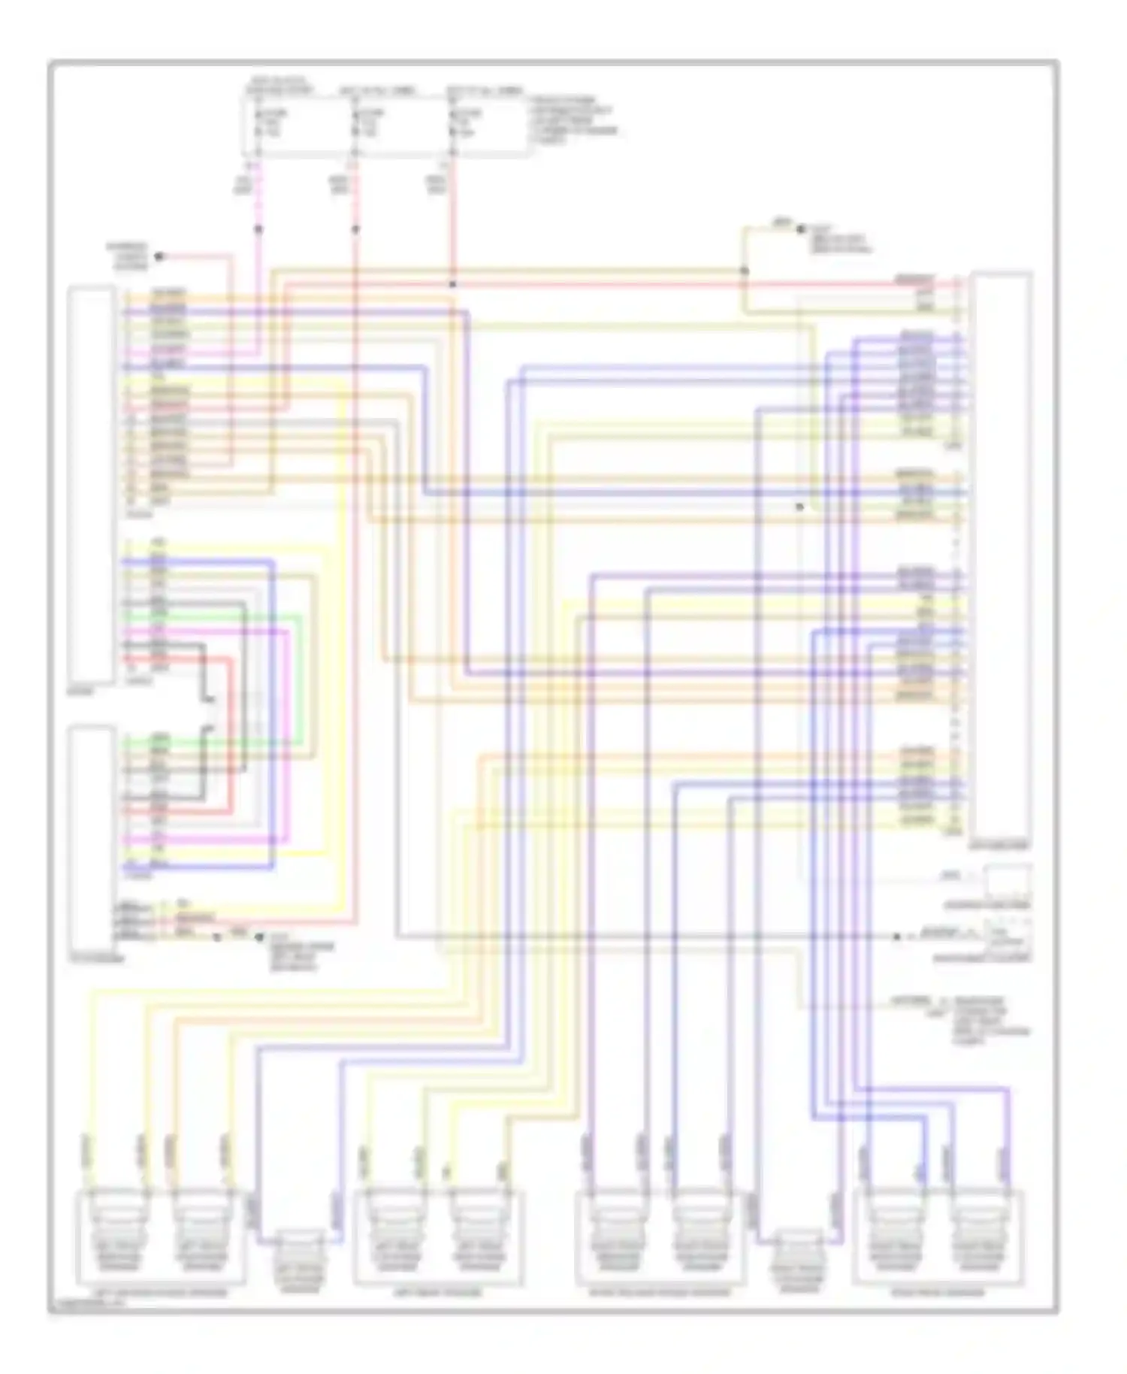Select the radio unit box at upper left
tap(92, 485)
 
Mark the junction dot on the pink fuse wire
tap(258, 228)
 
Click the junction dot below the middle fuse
tap(355, 228)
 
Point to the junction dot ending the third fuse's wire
tap(452, 285)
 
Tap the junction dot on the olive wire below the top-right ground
tap(745, 271)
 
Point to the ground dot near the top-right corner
tap(801, 226)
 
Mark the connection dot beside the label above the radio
tap(159, 256)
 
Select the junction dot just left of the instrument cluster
tap(896, 937)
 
